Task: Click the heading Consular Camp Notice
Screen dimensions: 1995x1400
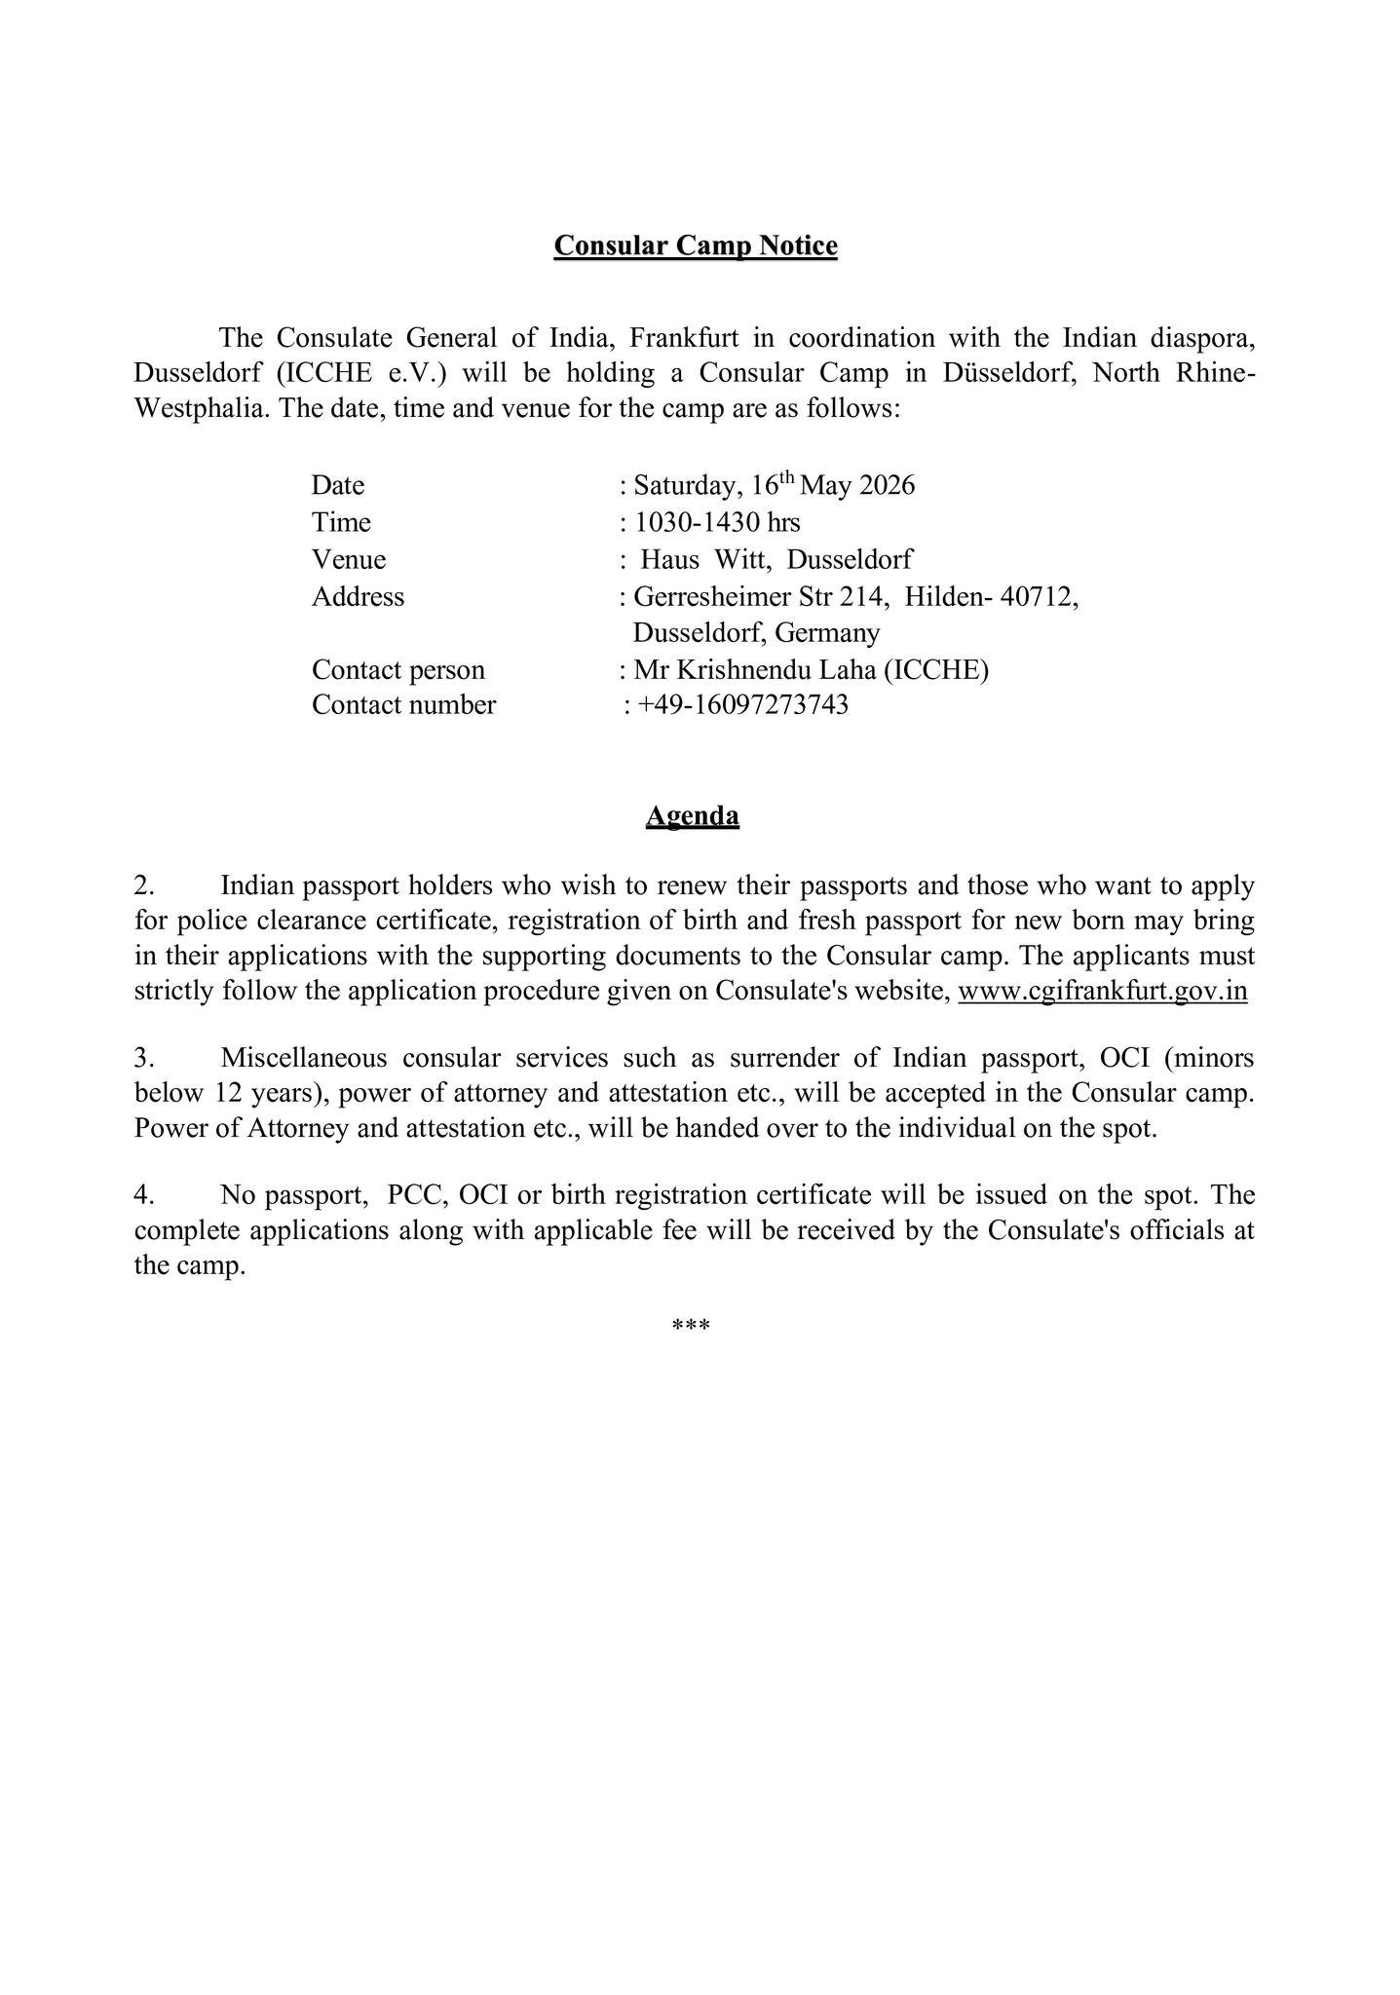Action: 695,245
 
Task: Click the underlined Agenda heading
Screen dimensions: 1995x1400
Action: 692,815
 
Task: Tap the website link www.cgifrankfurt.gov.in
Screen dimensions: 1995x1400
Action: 1102,991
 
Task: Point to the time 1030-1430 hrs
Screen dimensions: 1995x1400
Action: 717,523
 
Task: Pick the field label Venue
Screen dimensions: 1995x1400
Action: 349,560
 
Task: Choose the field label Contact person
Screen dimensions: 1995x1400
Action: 397,670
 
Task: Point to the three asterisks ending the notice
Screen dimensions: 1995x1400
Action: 691,1326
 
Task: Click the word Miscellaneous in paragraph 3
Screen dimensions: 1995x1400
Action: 304,1058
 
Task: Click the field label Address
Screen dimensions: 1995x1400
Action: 358,596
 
